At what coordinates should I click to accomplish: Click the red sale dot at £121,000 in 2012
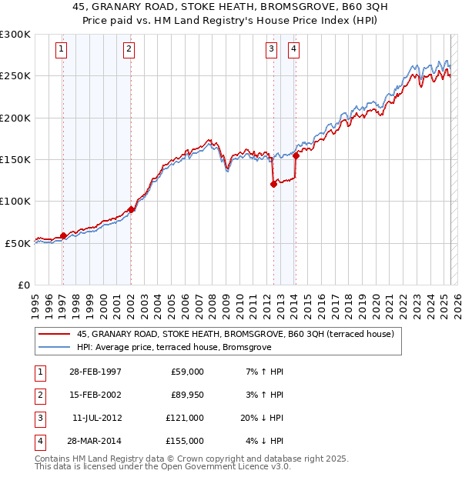point(273,184)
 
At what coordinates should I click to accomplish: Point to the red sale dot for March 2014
point(296,155)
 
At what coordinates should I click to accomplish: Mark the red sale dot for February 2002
point(131,209)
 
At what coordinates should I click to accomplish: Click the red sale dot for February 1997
point(63,235)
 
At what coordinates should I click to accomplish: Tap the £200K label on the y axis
point(15,118)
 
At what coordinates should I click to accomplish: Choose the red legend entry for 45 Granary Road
point(235,334)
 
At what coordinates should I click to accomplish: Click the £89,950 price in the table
point(187,395)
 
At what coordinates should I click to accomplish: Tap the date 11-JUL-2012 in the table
point(97,418)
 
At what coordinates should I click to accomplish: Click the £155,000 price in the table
point(185,441)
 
